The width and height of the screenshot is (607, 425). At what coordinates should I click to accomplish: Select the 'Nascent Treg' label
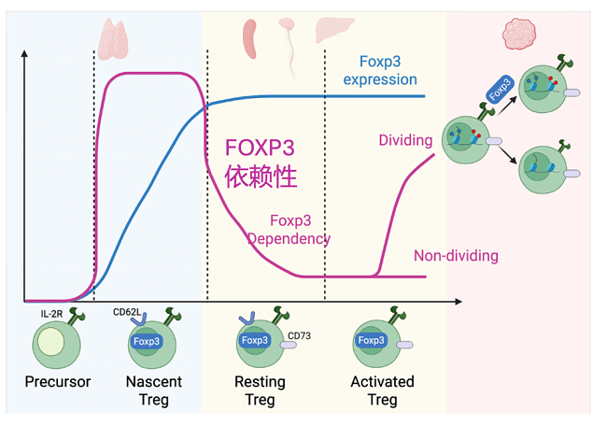[154, 390]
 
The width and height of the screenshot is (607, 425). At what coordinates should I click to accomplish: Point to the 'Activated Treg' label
[382, 390]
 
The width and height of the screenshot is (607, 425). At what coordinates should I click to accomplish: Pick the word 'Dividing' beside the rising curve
[405, 141]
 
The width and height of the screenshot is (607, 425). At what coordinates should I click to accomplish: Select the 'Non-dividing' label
[456, 256]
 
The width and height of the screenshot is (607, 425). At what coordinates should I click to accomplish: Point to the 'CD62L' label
[126, 314]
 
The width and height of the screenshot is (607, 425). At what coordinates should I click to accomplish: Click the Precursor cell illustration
[56, 345]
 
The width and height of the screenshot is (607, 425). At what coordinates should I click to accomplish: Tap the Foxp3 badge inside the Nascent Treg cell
[148, 341]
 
